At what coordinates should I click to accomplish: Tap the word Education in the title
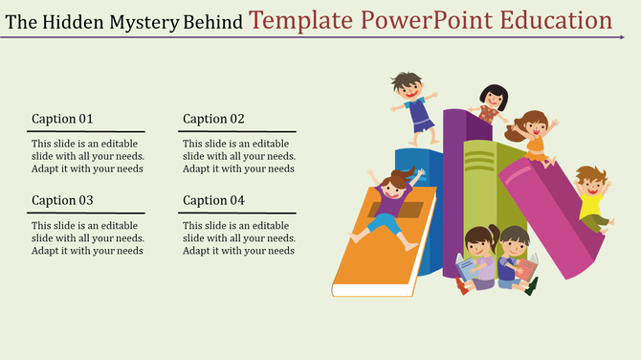pyautogui.click(x=555, y=19)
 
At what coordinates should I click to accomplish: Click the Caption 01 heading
pyautogui.click(x=62, y=119)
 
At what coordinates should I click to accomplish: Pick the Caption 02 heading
pyautogui.click(x=213, y=119)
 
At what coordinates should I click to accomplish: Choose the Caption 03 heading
pyautogui.click(x=62, y=200)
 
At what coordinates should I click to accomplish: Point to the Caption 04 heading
pyautogui.click(x=213, y=200)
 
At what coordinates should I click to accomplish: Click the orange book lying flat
pyautogui.click(x=378, y=249)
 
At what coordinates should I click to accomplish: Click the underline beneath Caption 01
pyautogui.click(x=86, y=131)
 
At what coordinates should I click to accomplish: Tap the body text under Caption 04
pyautogui.click(x=239, y=237)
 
